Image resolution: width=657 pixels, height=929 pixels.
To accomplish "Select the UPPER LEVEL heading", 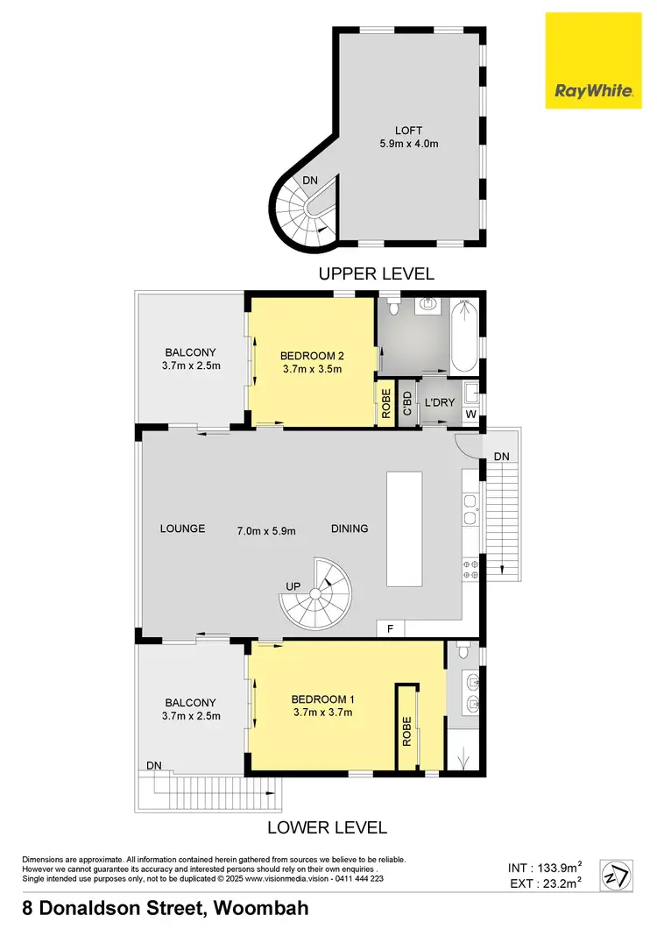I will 377,274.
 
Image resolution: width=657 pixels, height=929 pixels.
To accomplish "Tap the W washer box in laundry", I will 470,414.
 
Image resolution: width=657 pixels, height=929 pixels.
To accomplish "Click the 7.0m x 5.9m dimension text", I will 266,529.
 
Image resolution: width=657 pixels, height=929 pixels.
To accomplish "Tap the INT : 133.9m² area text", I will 546,868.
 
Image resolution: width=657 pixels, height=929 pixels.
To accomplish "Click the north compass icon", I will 617,875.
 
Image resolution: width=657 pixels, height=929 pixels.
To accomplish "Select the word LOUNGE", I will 182,528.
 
